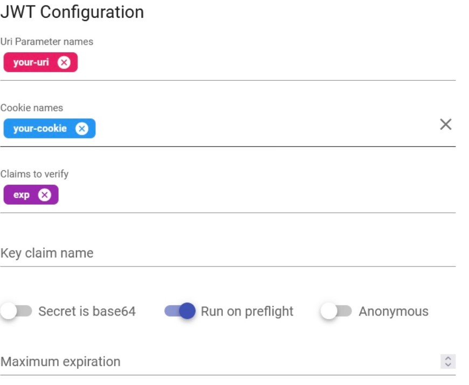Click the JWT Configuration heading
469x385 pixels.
(72, 12)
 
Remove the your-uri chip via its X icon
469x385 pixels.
(64, 62)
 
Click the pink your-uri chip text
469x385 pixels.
(31, 62)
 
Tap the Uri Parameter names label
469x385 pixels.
(47, 41)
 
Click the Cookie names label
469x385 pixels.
(32, 108)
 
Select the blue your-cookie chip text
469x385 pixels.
(40, 129)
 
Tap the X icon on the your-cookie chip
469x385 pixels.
(82, 129)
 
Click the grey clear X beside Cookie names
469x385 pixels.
(446, 125)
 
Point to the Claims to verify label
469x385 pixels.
(34, 174)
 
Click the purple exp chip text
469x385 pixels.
(22, 195)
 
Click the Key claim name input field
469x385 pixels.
(228, 253)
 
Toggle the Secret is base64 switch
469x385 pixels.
(16, 311)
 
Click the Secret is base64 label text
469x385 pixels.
(87, 311)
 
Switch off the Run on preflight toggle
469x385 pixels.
(180, 311)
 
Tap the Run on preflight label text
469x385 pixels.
(247, 311)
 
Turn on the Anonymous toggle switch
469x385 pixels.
(336, 311)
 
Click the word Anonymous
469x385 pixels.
(394, 311)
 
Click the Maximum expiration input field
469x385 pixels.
(215, 361)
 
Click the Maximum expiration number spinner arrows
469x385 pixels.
(448, 361)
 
